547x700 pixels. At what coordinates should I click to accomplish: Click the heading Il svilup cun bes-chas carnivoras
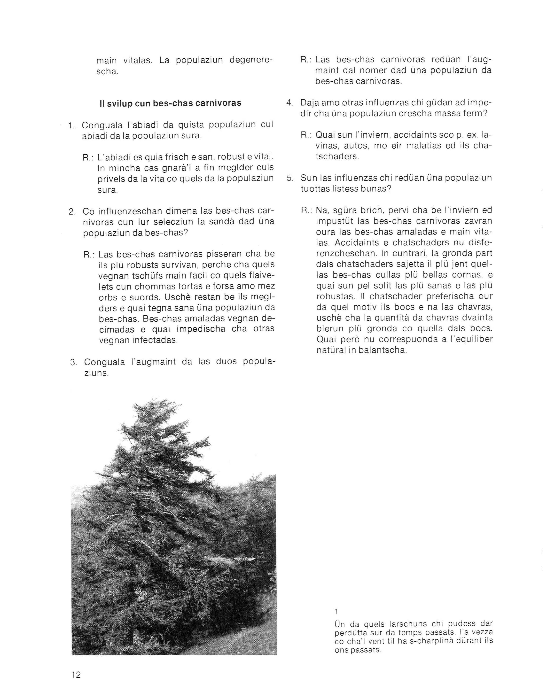click(170, 103)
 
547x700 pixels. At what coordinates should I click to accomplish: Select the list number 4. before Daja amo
click(290, 103)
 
